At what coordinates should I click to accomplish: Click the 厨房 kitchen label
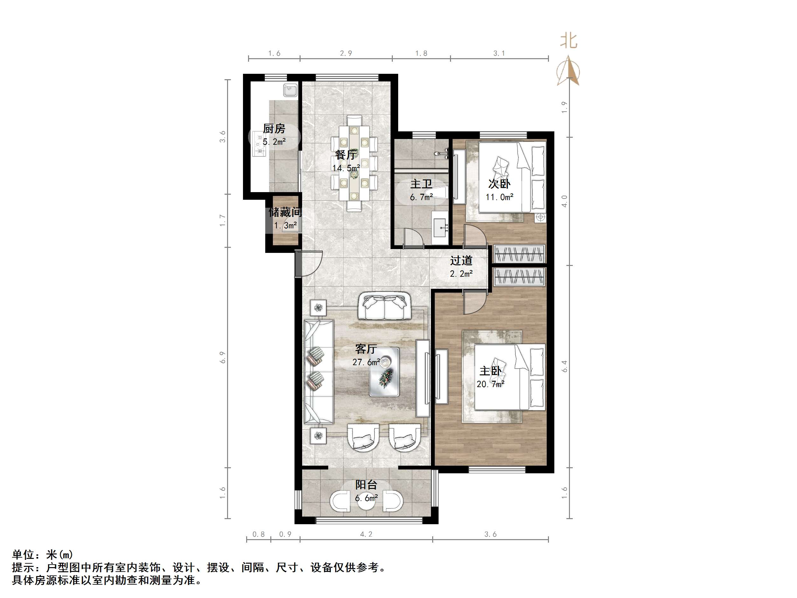(x=274, y=129)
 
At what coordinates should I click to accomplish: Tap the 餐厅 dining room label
(x=345, y=155)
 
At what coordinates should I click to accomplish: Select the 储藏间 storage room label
(x=285, y=212)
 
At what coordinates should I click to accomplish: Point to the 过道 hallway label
(x=461, y=261)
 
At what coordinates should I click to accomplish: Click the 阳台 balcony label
(x=366, y=485)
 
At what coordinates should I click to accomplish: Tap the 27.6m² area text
(x=366, y=362)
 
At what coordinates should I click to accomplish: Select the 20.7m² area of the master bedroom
(x=490, y=384)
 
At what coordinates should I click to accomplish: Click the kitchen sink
(x=290, y=90)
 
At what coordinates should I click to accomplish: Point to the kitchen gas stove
(x=259, y=144)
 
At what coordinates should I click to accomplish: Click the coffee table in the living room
(x=384, y=372)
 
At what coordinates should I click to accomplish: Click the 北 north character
(x=569, y=41)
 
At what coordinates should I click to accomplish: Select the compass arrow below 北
(x=568, y=71)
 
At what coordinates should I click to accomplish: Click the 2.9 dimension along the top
(x=346, y=53)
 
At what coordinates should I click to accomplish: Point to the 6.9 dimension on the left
(x=222, y=357)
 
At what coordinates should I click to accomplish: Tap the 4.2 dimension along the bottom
(x=366, y=534)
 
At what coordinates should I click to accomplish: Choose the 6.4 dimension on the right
(x=565, y=366)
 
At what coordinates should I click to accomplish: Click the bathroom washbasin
(x=440, y=227)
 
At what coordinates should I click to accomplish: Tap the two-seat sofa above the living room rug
(x=384, y=306)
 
